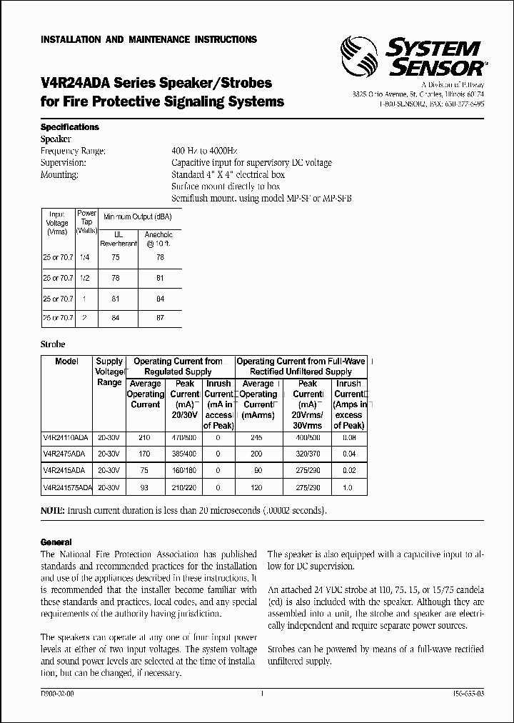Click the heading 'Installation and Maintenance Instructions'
(x=148, y=40)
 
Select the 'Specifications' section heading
(x=70, y=127)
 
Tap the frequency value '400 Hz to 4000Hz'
(x=205, y=151)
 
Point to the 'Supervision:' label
(x=64, y=163)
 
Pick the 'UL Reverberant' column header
(x=115, y=239)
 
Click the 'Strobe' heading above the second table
(x=53, y=344)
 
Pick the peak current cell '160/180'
(x=185, y=470)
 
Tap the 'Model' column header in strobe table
(x=66, y=361)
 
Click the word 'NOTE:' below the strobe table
(x=53, y=511)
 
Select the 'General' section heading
(x=56, y=543)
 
